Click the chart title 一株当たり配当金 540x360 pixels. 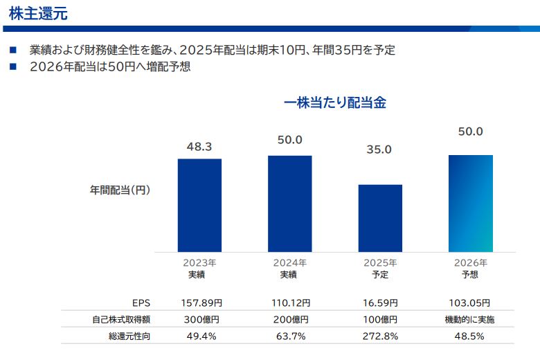[x=334, y=102]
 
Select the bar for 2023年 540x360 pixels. [x=199, y=205]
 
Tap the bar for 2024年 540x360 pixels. [x=289, y=204]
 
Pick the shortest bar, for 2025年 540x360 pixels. [x=380, y=218]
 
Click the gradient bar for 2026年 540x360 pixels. [x=470, y=204]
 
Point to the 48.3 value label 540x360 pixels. [x=199, y=147]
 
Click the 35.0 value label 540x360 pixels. [x=379, y=149]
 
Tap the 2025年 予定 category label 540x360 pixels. [x=380, y=269]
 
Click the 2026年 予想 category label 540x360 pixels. [x=470, y=269]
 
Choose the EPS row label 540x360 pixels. [x=141, y=303]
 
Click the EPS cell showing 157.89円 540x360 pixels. [x=200, y=303]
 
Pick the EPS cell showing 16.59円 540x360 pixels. [x=380, y=303]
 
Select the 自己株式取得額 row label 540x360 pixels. [x=121, y=320]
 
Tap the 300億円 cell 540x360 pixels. [x=200, y=320]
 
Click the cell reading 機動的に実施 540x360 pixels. [x=470, y=320]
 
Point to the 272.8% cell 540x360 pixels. [x=380, y=336]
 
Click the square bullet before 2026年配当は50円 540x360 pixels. [x=12, y=67]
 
